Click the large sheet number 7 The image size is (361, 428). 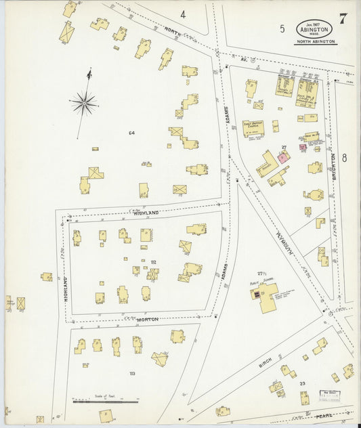(x=343, y=19)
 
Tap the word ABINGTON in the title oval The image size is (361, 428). (x=314, y=29)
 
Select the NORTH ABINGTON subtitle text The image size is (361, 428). (x=315, y=42)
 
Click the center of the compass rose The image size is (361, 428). (x=85, y=103)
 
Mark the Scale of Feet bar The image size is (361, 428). (x=105, y=402)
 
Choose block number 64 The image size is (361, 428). (x=132, y=133)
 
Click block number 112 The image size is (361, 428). (x=153, y=262)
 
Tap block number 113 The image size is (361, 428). (x=132, y=373)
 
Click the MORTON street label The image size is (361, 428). (x=148, y=319)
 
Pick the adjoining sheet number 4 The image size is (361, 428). (x=183, y=14)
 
